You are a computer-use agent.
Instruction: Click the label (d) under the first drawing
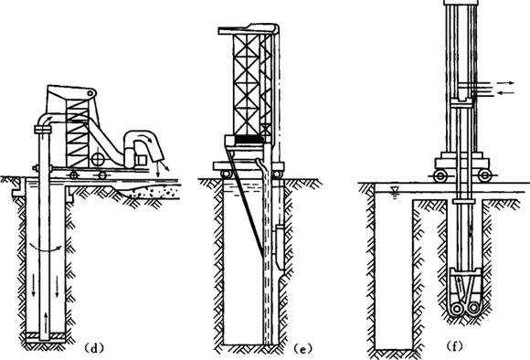(93, 348)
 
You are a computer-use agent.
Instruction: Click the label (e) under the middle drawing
(302, 348)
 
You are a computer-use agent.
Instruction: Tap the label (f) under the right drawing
(454, 346)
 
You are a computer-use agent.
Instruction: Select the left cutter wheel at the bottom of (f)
(457, 308)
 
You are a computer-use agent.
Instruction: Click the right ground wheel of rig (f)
(484, 175)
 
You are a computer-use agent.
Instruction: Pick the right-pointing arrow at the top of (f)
(506, 82)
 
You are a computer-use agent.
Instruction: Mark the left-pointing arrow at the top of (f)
(506, 92)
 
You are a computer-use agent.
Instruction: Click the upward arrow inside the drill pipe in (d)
(46, 320)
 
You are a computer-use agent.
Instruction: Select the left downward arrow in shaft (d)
(34, 286)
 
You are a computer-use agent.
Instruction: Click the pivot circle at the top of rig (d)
(90, 93)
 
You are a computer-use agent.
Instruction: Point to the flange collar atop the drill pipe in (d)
(43, 129)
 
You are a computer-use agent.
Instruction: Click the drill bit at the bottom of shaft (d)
(46, 336)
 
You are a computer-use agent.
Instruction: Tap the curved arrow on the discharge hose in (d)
(146, 136)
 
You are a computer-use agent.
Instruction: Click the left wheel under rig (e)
(226, 175)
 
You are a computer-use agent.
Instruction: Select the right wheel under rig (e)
(277, 175)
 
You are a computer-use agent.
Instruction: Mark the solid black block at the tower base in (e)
(249, 139)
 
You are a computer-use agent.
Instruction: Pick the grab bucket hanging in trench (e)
(280, 247)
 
